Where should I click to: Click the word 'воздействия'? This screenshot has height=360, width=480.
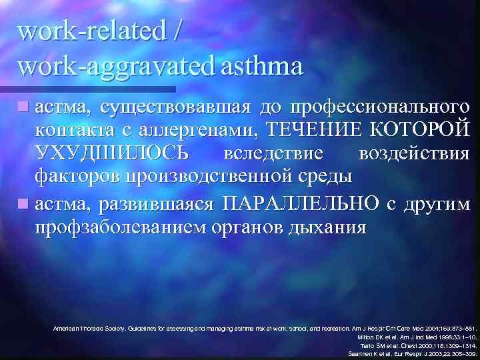(x=413, y=153)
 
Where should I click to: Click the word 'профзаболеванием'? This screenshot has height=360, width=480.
(x=117, y=227)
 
